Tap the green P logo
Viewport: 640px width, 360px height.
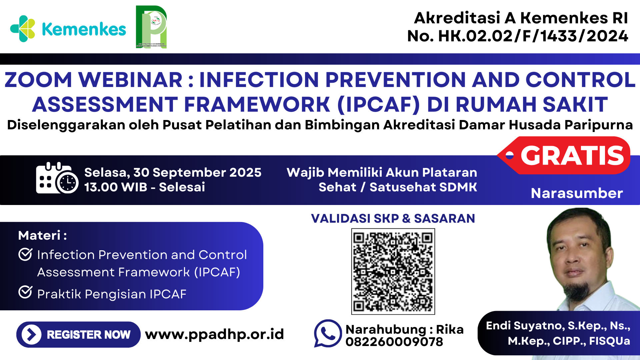(x=151, y=27)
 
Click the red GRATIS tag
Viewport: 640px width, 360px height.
(x=567, y=155)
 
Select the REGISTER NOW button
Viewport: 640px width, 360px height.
(x=78, y=334)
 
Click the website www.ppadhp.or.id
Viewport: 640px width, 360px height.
(x=214, y=334)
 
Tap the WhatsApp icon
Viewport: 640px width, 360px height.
(x=328, y=333)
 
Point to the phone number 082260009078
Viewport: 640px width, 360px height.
(x=394, y=342)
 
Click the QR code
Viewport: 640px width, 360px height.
(x=393, y=271)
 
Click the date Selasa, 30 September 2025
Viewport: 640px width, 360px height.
(x=173, y=172)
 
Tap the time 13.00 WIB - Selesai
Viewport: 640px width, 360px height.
(x=144, y=187)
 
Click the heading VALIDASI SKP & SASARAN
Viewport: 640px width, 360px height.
(x=393, y=218)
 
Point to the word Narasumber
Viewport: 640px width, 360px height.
(x=577, y=193)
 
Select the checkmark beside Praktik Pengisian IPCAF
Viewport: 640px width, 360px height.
(x=25, y=292)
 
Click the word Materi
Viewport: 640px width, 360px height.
(x=39, y=235)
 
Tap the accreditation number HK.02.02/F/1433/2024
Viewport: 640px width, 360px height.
(x=533, y=36)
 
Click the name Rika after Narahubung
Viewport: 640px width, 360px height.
(x=450, y=329)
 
